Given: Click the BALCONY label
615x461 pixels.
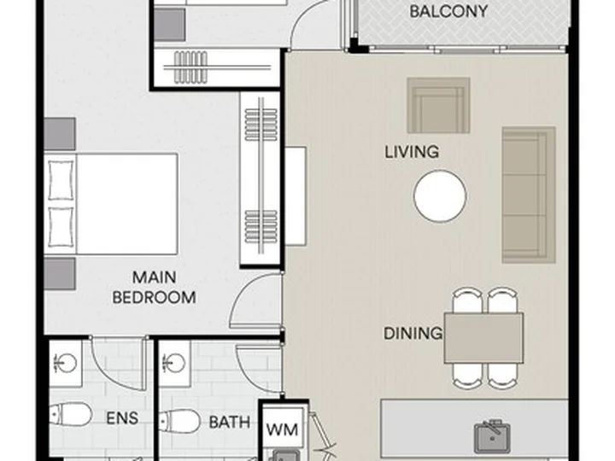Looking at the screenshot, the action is [x=448, y=11].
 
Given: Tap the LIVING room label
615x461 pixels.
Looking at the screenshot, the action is [x=412, y=152].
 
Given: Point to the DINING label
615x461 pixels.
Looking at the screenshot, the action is [x=413, y=334].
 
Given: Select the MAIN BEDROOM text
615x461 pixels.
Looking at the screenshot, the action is [x=154, y=288].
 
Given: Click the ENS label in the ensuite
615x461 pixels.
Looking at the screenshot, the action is [x=122, y=418].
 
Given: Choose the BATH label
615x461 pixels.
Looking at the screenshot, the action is [x=230, y=423].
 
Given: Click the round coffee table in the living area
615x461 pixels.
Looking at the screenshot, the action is [x=440, y=196].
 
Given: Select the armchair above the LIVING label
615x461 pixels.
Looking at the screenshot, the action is [x=438, y=105].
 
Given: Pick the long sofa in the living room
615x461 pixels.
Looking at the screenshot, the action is [x=529, y=195].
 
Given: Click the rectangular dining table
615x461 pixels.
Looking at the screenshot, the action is [x=483, y=338].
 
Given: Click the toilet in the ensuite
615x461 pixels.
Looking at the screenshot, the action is [x=71, y=414].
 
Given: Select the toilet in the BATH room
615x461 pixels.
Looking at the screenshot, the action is [x=180, y=421].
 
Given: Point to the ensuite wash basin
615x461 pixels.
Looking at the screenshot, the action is [x=66, y=363].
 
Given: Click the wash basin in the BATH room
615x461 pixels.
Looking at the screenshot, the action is [x=173, y=363].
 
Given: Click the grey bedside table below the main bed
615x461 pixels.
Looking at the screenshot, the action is [x=60, y=274].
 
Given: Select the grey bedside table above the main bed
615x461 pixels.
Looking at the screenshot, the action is [x=60, y=134].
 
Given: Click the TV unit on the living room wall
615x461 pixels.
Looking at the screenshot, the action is [x=296, y=196].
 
